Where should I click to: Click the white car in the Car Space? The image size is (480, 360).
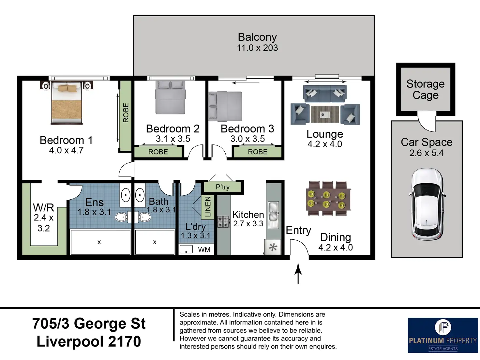coord(427,204)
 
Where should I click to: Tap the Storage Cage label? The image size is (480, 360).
coord(426,89)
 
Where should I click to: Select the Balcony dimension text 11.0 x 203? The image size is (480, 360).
coord(257,48)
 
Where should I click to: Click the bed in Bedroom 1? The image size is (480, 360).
coord(67,102)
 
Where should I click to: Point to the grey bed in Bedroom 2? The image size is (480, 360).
coord(170,97)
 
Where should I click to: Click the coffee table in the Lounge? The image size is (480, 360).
coord(325,114)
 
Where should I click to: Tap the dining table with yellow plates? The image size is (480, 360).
coord(328,199)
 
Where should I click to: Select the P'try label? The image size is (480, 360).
coord(223,187)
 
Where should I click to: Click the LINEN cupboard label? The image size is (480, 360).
coord(208,207)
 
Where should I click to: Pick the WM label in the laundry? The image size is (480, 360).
coord(204,249)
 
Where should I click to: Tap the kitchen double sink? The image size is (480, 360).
coord(273,215)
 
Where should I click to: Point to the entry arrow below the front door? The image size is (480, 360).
coord(298,274)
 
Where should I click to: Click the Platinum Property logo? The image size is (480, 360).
coord(443,335)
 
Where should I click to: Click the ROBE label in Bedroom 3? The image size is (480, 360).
coord(258,152)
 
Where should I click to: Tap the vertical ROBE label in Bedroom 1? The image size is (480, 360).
coord(126,112)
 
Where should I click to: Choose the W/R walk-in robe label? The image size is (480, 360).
coord(43,207)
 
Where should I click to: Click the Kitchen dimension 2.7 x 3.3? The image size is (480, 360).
coord(248,224)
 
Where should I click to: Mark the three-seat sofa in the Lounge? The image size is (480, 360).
coord(325,94)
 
